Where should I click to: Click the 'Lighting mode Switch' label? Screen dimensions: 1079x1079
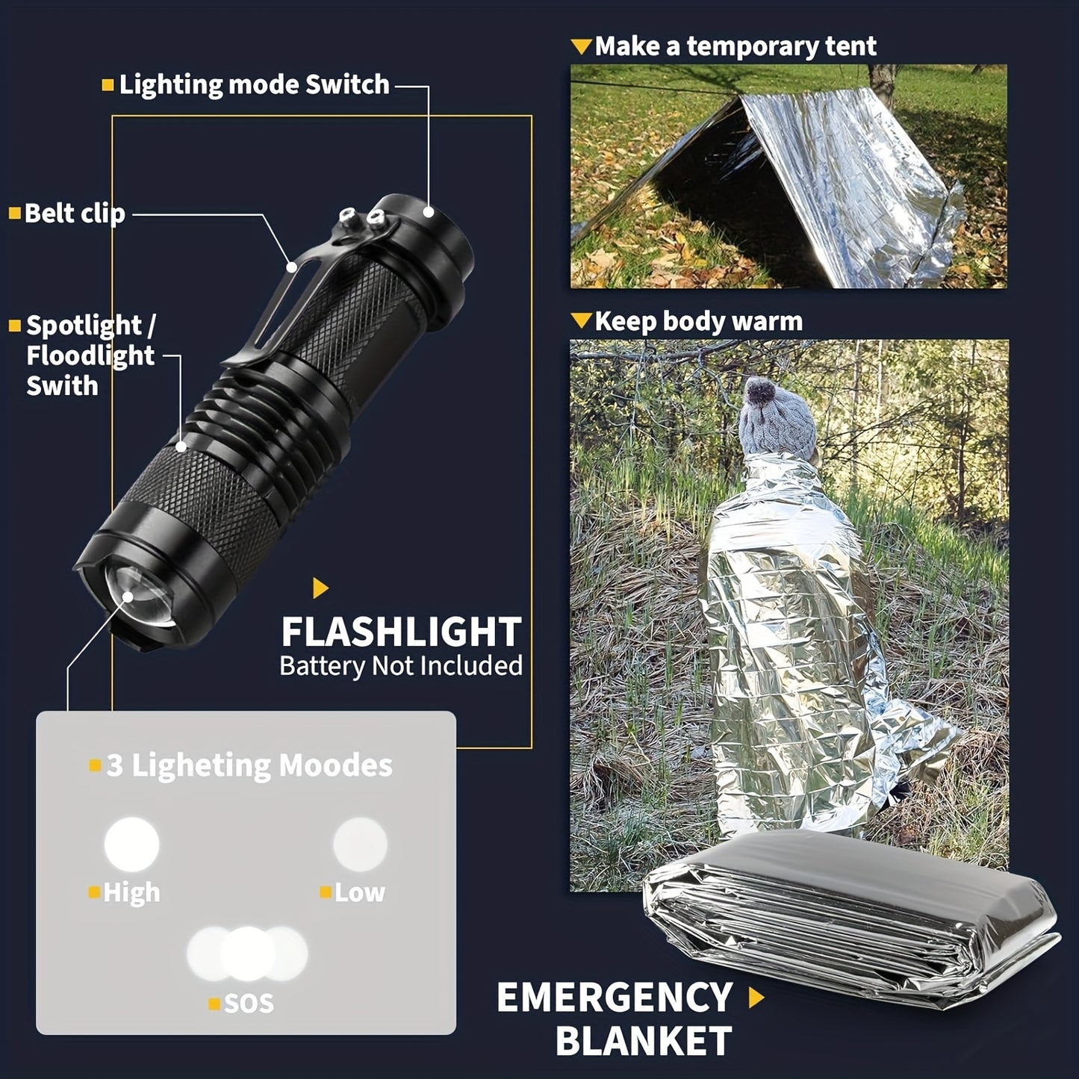pos(254,85)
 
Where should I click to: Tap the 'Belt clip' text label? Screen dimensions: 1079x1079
pos(74,214)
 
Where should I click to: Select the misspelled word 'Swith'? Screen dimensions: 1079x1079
pos(62,386)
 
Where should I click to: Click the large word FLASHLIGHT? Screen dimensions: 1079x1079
pos(401,632)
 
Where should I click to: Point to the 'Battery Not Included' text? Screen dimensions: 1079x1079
pos(401,666)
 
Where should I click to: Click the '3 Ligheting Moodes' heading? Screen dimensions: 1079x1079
pos(249,765)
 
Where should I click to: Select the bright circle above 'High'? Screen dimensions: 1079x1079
pos(131,845)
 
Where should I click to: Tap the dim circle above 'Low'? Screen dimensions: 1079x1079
pos(360,845)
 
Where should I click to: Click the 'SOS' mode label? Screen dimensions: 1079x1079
pos(249,1004)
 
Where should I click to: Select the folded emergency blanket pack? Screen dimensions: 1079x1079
pos(851,911)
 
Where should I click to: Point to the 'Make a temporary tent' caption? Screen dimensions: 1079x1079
pos(735,46)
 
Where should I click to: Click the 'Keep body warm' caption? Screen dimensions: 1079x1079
pos(698,322)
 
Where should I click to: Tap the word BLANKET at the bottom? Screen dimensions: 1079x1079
pos(644,1042)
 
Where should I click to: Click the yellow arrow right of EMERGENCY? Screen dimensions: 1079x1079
pos(756,998)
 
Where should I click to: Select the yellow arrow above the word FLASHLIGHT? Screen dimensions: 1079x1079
pos(320,588)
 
